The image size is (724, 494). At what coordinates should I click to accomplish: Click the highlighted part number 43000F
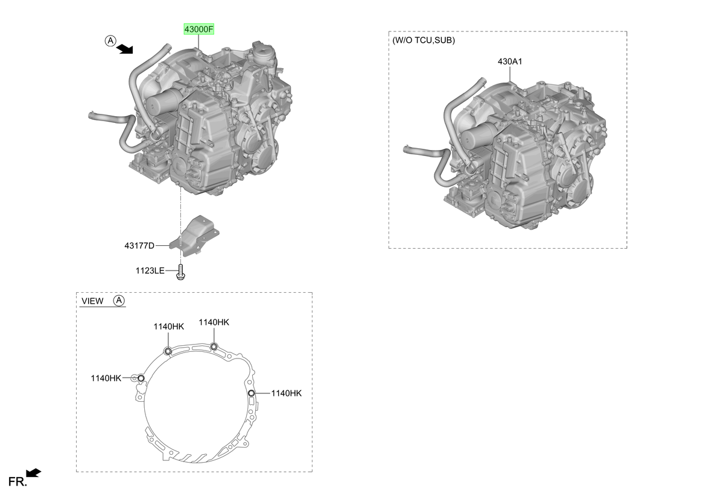pos(198,30)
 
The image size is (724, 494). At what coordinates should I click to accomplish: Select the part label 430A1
pos(510,61)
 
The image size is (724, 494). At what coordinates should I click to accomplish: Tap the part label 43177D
pos(139,246)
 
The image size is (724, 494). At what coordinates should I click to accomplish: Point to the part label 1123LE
pos(150,270)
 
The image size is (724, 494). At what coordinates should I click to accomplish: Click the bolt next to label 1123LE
pos(180,272)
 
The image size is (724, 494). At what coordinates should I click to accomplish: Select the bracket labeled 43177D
pos(194,236)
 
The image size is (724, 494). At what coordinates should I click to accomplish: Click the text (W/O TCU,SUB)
pos(424,40)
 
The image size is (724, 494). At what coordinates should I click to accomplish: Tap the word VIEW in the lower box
pos(92,301)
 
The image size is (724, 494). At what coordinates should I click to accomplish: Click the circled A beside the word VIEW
pos(119,301)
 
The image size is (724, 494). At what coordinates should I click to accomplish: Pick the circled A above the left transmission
pos(110,41)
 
